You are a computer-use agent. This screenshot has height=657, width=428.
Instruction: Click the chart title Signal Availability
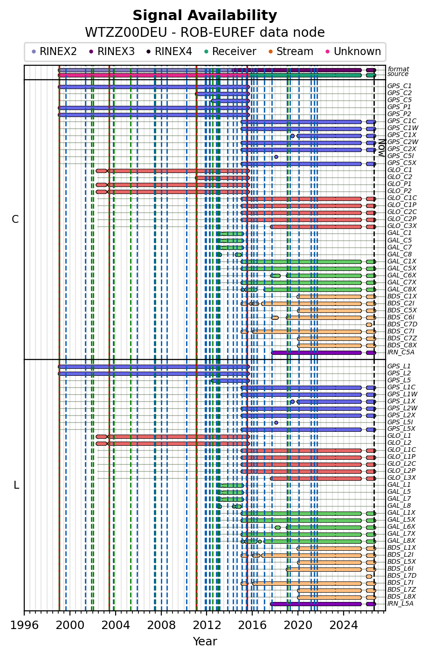pyautogui.click(x=205, y=15)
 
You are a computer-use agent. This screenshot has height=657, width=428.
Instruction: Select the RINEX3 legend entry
pyautogui.click(x=112, y=52)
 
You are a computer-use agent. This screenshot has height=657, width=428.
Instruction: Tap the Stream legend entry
pyautogui.click(x=291, y=52)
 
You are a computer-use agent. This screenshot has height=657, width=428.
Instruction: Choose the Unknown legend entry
pyautogui.click(x=353, y=52)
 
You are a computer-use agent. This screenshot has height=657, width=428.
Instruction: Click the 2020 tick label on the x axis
pyautogui.click(x=298, y=625)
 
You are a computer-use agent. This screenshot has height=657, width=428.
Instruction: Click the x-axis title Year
pyautogui.click(x=205, y=642)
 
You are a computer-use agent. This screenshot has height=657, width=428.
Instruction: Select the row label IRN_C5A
pyautogui.click(x=400, y=352)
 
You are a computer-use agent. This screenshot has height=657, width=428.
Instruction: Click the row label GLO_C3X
pyautogui.click(x=402, y=226)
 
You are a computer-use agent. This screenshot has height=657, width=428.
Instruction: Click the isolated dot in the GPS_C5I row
pyautogui.click(x=276, y=157)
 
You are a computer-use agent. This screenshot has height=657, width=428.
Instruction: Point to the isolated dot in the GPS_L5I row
pyautogui.click(x=276, y=422)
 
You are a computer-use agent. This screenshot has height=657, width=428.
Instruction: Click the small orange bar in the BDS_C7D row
pyautogui.click(x=369, y=325)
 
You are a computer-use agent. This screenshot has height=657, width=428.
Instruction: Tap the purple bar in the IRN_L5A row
pyautogui.click(x=316, y=604)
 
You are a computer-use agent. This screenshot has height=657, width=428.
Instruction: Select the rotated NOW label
pyautogui.click(x=381, y=148)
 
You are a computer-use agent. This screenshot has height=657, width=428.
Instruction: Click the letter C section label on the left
pyautogui.click(x=15, y=220)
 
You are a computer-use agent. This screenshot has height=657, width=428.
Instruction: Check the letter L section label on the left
pyautogui.click(x=16, y=485)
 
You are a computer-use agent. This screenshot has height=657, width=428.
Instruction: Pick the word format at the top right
pyautogui.click(x=398, y=69)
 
